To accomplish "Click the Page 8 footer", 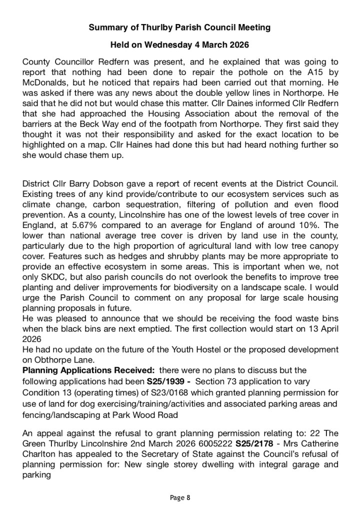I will [180, 497].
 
